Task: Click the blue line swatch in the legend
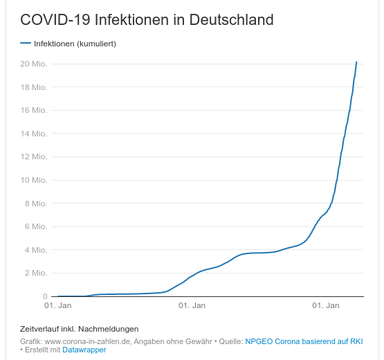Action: pyautogui.click(x=26, y=44)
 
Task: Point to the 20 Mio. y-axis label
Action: pyautogui.click(x=33, y=64)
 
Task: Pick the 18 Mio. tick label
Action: pyautogui.click(x=33, y=87)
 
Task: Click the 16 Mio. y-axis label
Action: pyautogui.click(x=33, y=111)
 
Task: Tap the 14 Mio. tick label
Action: pyautogui.click(x=33, y=134)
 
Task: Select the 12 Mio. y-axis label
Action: pyautogui.click(x=33, y=157)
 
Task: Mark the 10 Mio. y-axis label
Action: pyautogui.click(x=33, y=180)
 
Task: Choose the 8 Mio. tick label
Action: pyautogui.click(x=35, y=204)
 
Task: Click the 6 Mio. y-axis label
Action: pyautogui.click(x=35, y=226)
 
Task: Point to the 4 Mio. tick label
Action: pyautogui.click(x=35, y=250)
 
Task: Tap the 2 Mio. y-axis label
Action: pyautogui.click(x=35, y=273)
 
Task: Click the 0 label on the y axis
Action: pyautogui.click(x=44, y=296)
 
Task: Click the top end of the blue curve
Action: pyautogui.click(x=356, y=62)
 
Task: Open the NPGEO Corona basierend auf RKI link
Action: pyautogui.click(x=304, y=341)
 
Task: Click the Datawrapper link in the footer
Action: pyautogui.click(x=84, y=350)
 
